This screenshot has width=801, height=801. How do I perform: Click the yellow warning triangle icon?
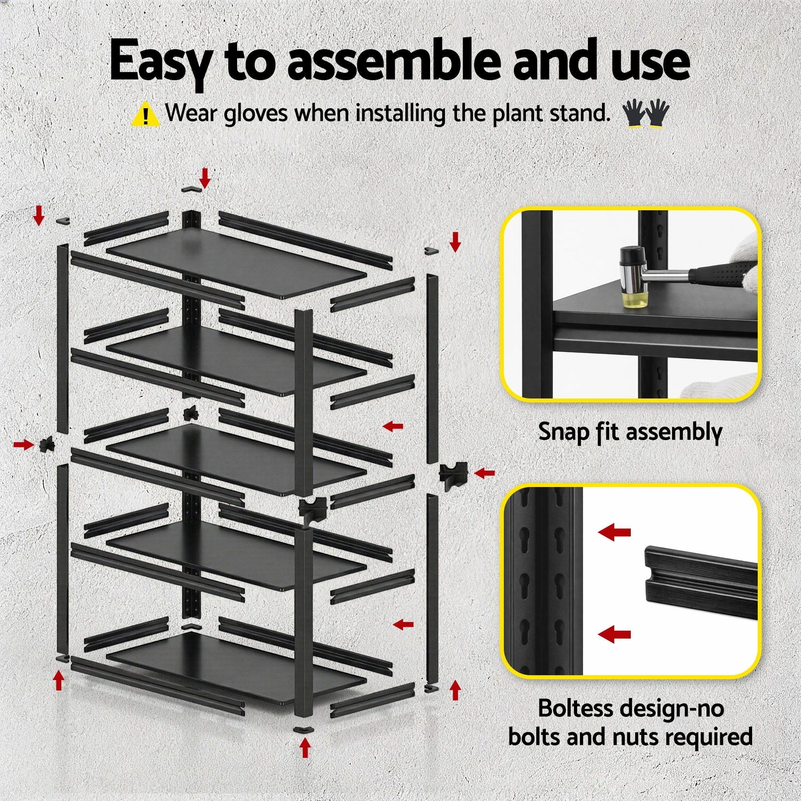click(x=145, y=115)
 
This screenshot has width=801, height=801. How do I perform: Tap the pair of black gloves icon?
click(x=646, y=114)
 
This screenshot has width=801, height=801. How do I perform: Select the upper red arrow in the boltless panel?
click(x=614, y=532)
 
